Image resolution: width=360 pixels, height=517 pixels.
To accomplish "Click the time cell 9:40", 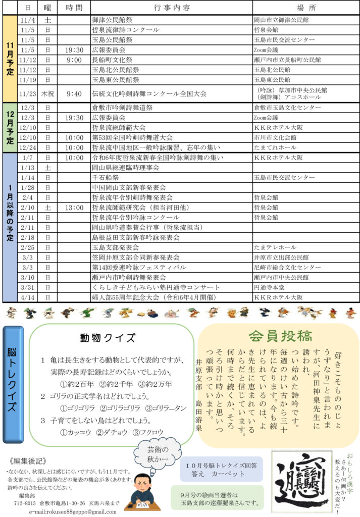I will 74,93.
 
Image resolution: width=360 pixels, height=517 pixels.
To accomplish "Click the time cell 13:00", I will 74,208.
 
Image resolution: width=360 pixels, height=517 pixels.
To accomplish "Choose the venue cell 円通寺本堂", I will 271,287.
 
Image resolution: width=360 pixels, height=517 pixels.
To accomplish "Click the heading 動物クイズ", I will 108,338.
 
